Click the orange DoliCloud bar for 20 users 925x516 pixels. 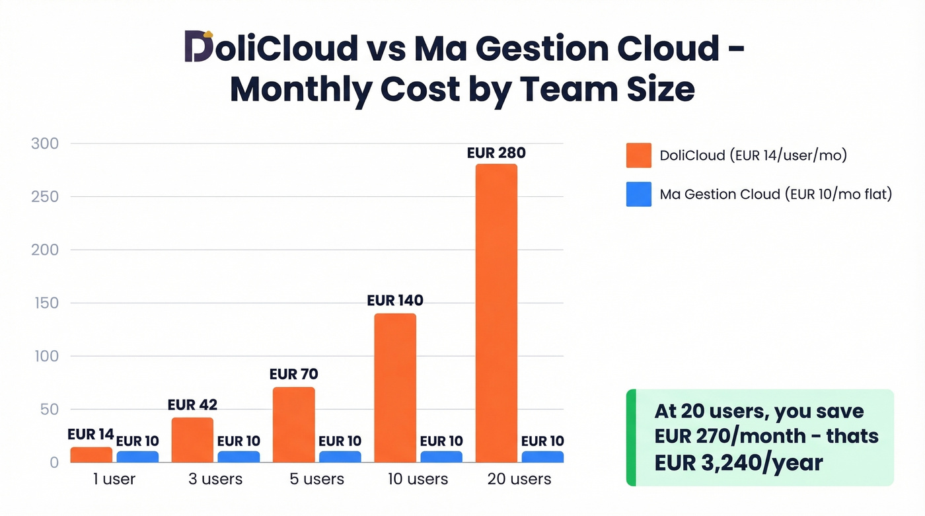(496, 313)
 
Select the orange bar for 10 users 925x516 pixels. (395, 388)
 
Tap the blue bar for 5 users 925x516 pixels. (340, 457)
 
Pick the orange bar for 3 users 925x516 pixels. (192, 440)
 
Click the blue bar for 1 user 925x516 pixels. (137, 457)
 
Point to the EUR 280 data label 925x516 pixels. (496, 153)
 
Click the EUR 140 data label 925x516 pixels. (395, 301)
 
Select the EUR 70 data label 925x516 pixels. (293, 375)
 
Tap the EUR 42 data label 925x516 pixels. (192, 405)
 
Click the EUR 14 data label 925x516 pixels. (91, 435)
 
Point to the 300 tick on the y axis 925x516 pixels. (45, 144)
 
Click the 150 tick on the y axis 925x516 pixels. (45, 303)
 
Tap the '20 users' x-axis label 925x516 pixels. (519, 480)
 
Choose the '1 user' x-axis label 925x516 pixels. (114, 480)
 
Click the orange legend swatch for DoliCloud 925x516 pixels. (638, 156)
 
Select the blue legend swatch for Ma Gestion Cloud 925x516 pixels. (638, 194)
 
